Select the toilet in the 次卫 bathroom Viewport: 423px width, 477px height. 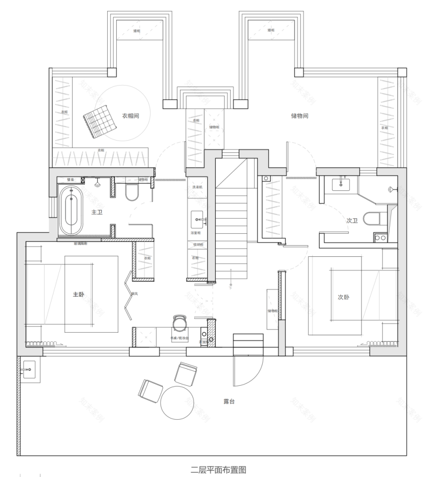[372, 219]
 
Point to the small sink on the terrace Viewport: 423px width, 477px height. [30, 369]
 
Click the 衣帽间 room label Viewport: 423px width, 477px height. [130, 116]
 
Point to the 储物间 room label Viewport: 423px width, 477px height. [299, 116]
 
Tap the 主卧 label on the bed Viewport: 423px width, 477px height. [78, 294]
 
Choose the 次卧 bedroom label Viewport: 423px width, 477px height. [343, 297]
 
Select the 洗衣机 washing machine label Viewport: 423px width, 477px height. [198, 187]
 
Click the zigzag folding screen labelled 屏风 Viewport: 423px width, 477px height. [128, 294]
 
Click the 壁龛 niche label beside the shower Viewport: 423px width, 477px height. [70, 180]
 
